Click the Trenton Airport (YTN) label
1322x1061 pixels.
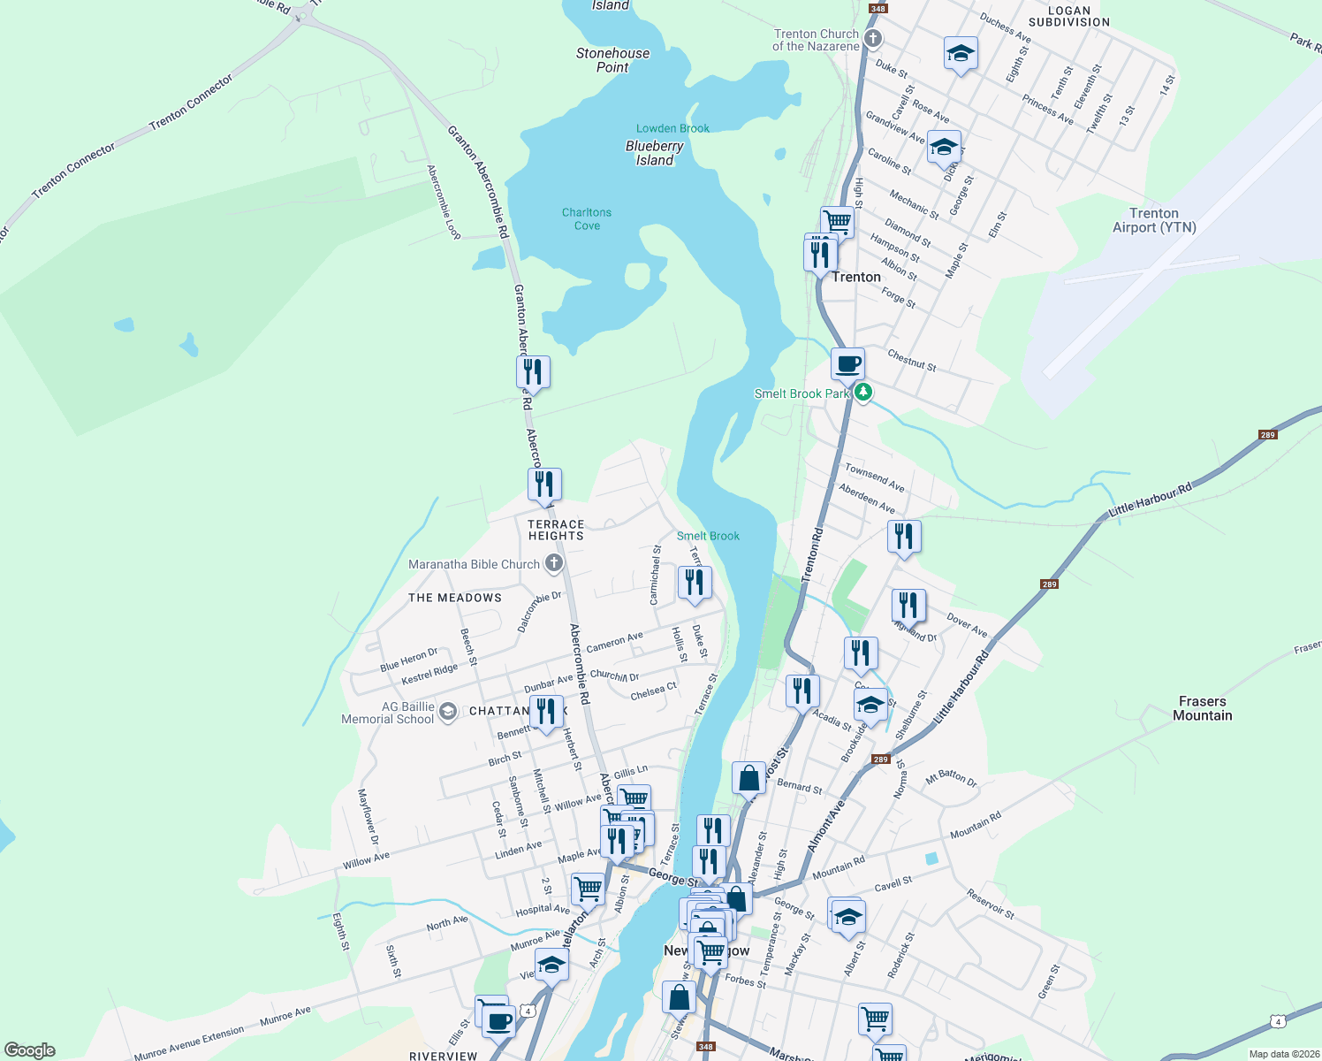1154,220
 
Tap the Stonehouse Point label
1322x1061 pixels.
612,60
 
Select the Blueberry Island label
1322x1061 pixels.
655,153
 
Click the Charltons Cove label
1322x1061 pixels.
587,219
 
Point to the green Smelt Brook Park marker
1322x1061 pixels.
863,393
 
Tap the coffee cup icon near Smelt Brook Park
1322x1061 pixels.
847,363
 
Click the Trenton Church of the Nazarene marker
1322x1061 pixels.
873,38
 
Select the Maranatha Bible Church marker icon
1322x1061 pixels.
554,563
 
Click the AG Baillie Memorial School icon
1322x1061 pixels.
448,712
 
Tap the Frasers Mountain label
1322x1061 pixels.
1202,708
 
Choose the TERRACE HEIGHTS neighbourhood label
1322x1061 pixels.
556,530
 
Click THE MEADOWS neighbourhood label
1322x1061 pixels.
455,598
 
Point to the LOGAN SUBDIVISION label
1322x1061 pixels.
1069,16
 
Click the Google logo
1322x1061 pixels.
30,1050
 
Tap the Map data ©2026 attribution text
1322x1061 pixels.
1280,1054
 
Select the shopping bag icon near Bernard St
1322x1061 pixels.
748,778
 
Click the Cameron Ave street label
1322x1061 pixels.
615,642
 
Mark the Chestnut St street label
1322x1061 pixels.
912,360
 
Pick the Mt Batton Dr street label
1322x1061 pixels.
951,779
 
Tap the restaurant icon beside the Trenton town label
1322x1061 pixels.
821,254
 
